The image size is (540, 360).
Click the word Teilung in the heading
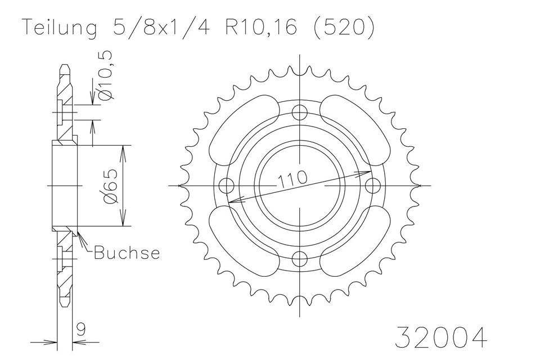[x=59, y=28]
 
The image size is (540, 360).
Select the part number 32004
[x=441, y=337]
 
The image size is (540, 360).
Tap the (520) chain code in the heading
[x=343, y=27]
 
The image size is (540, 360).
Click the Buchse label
[x=127, y=253]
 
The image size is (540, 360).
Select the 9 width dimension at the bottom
[x=81, y=330]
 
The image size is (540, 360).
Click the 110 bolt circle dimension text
[x=292, y=178]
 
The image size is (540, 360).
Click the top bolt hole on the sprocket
[x=300, y=112]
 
